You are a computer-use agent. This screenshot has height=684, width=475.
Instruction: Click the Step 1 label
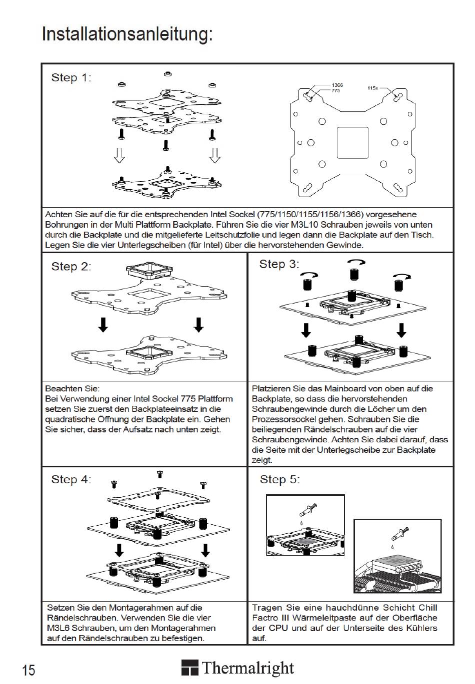click(71, 77)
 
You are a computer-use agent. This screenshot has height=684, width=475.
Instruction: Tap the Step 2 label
click(71, 267)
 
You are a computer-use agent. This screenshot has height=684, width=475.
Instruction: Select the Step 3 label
click(279, 264)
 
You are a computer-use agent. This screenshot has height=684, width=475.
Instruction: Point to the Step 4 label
click(71, 480)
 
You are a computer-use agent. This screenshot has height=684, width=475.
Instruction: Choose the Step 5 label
click(279, 480)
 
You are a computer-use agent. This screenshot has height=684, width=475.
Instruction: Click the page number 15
click(28, 670)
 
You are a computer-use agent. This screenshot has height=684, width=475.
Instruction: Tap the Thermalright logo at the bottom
click(237, 668)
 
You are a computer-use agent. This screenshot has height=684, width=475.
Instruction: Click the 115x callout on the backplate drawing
click(372, 88)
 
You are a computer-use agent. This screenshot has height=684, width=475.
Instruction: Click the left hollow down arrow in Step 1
click(119, 155)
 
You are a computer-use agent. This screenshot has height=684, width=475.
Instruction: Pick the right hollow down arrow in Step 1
click(214, 155)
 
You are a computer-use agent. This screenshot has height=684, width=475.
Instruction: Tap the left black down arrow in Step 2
click(103, 325)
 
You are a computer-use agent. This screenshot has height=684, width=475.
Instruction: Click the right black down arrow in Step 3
click(401, 330)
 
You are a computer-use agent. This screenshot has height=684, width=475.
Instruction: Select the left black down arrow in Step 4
click(119, 550)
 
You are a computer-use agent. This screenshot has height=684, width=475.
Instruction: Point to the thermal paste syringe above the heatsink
click(400, 534)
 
